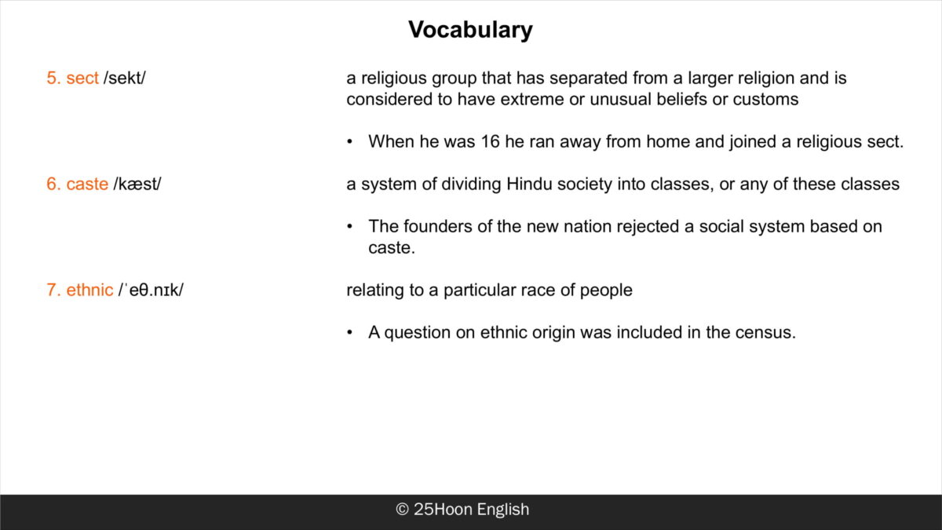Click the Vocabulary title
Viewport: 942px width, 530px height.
point(470,31)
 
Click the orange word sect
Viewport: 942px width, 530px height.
point(82,78)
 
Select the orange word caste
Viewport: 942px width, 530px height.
point(87,185)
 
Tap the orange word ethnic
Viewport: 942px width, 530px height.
point(89,290)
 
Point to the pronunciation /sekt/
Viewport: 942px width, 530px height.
point(125,78)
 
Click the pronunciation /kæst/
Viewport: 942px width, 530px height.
point(137,185)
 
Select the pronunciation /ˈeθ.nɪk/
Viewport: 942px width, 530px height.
point(151,290)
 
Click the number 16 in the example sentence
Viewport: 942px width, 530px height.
point(490,142)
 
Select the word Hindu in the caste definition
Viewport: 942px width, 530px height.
point(529,185)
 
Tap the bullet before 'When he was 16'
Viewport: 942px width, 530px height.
point(349,142)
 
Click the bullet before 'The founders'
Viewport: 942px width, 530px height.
point(349,227)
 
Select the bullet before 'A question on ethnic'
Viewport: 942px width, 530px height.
point(349,333)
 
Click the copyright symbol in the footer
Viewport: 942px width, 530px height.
point(402,510)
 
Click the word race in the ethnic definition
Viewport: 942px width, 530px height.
point(538,291)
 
